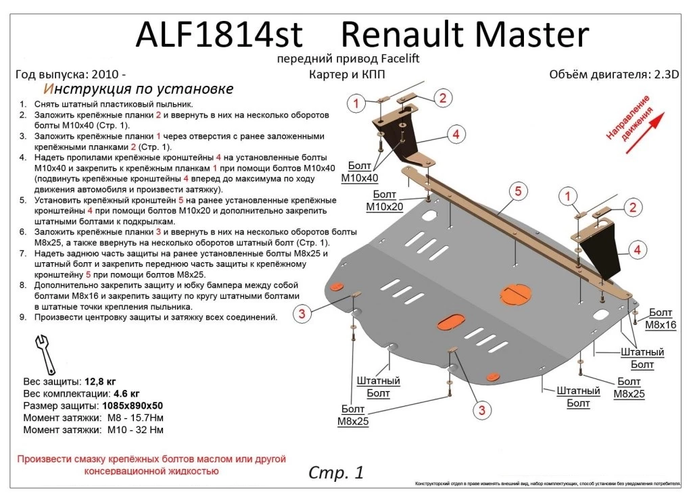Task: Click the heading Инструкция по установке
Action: (139, 89)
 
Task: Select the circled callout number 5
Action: (518, 192)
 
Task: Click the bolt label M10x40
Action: (359, 178)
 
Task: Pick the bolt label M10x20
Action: (385, 207)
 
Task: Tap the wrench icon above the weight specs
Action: (44, 351)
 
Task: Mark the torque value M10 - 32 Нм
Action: (135, 430)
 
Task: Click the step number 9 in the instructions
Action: (23, 317)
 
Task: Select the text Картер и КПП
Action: (346, 74)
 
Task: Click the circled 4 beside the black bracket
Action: (636, 251)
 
